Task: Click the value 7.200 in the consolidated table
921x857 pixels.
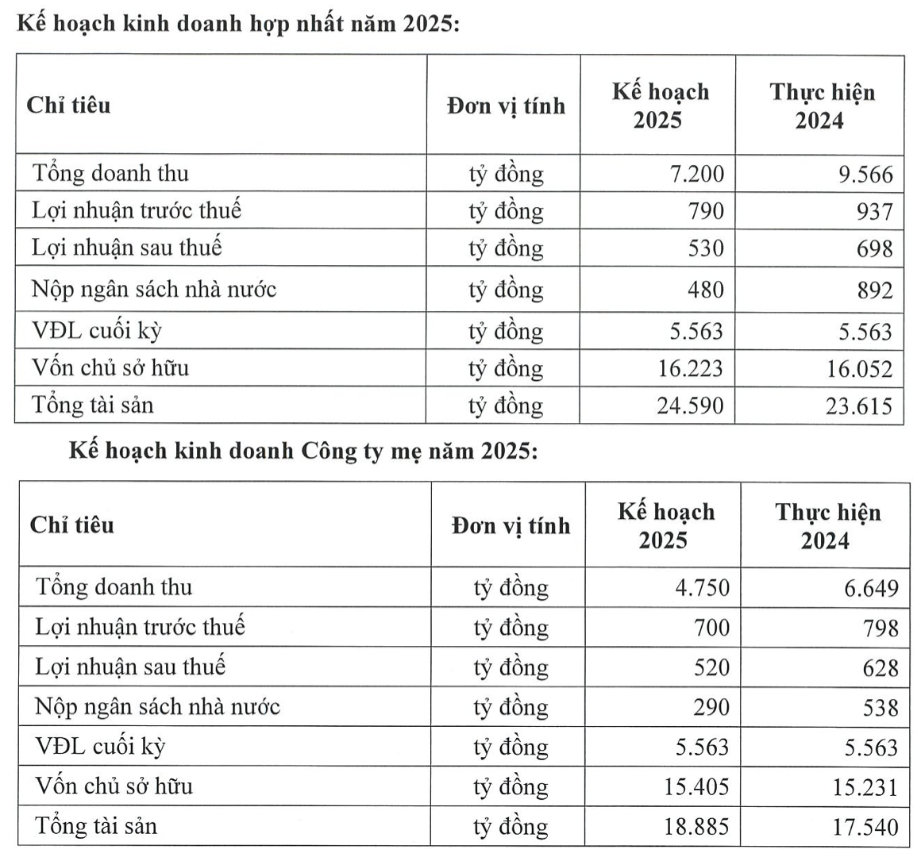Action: [x=697, y=174]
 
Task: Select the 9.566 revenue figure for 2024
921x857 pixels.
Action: [x=865, y=175]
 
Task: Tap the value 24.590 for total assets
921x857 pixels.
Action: [x=690, y=406]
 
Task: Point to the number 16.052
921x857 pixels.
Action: [x=858, y=369]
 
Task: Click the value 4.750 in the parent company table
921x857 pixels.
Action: [x=702, y=588]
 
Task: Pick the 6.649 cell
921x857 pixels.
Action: [x=871, y=589]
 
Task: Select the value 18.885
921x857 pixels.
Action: [x=696, y=827]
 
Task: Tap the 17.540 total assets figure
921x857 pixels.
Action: [x=865, y=828]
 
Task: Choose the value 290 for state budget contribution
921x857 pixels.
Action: [x=711, y=707]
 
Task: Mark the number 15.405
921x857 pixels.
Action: [x=696, y=786]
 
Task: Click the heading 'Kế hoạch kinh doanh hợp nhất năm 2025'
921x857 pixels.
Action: [x=233, y=23]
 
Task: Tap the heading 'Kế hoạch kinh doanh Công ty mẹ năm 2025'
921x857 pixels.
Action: [x=303, y=451]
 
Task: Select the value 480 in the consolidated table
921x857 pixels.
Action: [x=705, y=290]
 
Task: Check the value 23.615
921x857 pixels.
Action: [x=858, y=406]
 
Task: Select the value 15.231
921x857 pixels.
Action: [x=865, y=787]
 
